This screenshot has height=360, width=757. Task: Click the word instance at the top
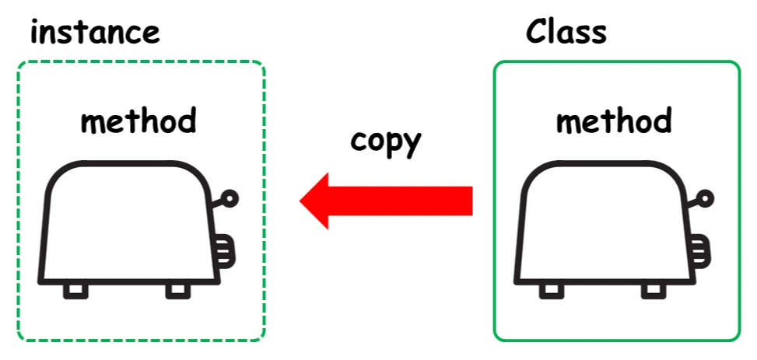tap(95, 33)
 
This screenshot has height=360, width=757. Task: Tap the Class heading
tap(566, 32)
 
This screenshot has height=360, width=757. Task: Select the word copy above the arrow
tap(386, 142)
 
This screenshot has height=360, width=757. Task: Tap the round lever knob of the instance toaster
tap(230, 199)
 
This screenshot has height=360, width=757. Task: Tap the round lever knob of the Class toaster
tap(705, 199)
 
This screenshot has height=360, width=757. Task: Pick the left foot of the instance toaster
tap(76, 291)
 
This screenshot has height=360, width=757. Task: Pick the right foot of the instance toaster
tap(177, 291)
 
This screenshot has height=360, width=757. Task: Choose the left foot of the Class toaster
tap(552, 291)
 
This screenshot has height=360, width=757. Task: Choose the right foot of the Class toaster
tap(654, 291)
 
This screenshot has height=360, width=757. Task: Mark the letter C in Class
tap(536, 32)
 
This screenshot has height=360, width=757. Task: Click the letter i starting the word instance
tap(35, 32)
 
